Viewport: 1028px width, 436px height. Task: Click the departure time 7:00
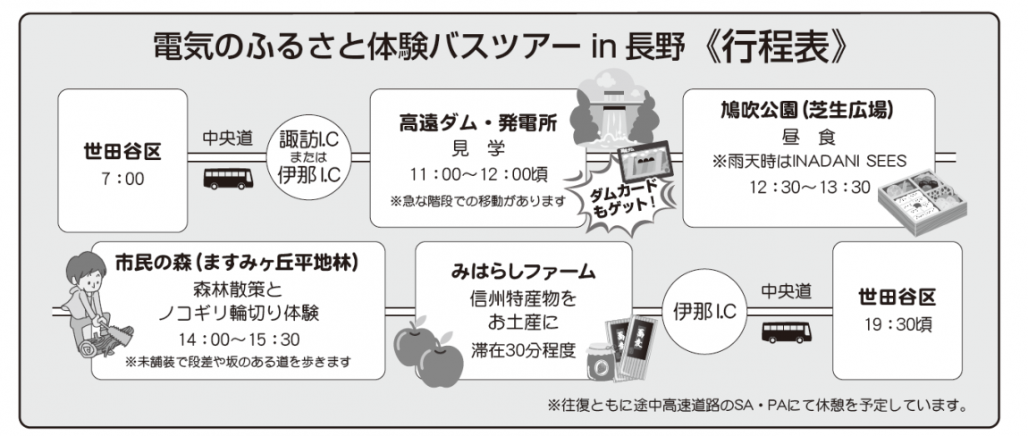pos(122,179)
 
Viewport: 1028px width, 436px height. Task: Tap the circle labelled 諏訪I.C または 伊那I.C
pos(308,156)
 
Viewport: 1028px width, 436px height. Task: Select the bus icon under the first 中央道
pos(228,179)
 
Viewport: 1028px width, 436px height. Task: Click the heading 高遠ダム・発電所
pos(478,123)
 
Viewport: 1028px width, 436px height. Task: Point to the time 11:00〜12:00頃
pos(478,175)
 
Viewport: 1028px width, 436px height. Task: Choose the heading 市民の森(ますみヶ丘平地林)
pos(236,264)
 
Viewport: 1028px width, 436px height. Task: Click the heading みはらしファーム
pos(523,271)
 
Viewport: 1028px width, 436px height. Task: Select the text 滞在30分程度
pos(523,349)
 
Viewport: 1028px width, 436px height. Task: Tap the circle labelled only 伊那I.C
pos(704,313)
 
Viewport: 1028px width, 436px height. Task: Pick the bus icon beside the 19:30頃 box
pos(786,331)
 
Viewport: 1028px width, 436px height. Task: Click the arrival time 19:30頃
pos(897,324)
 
